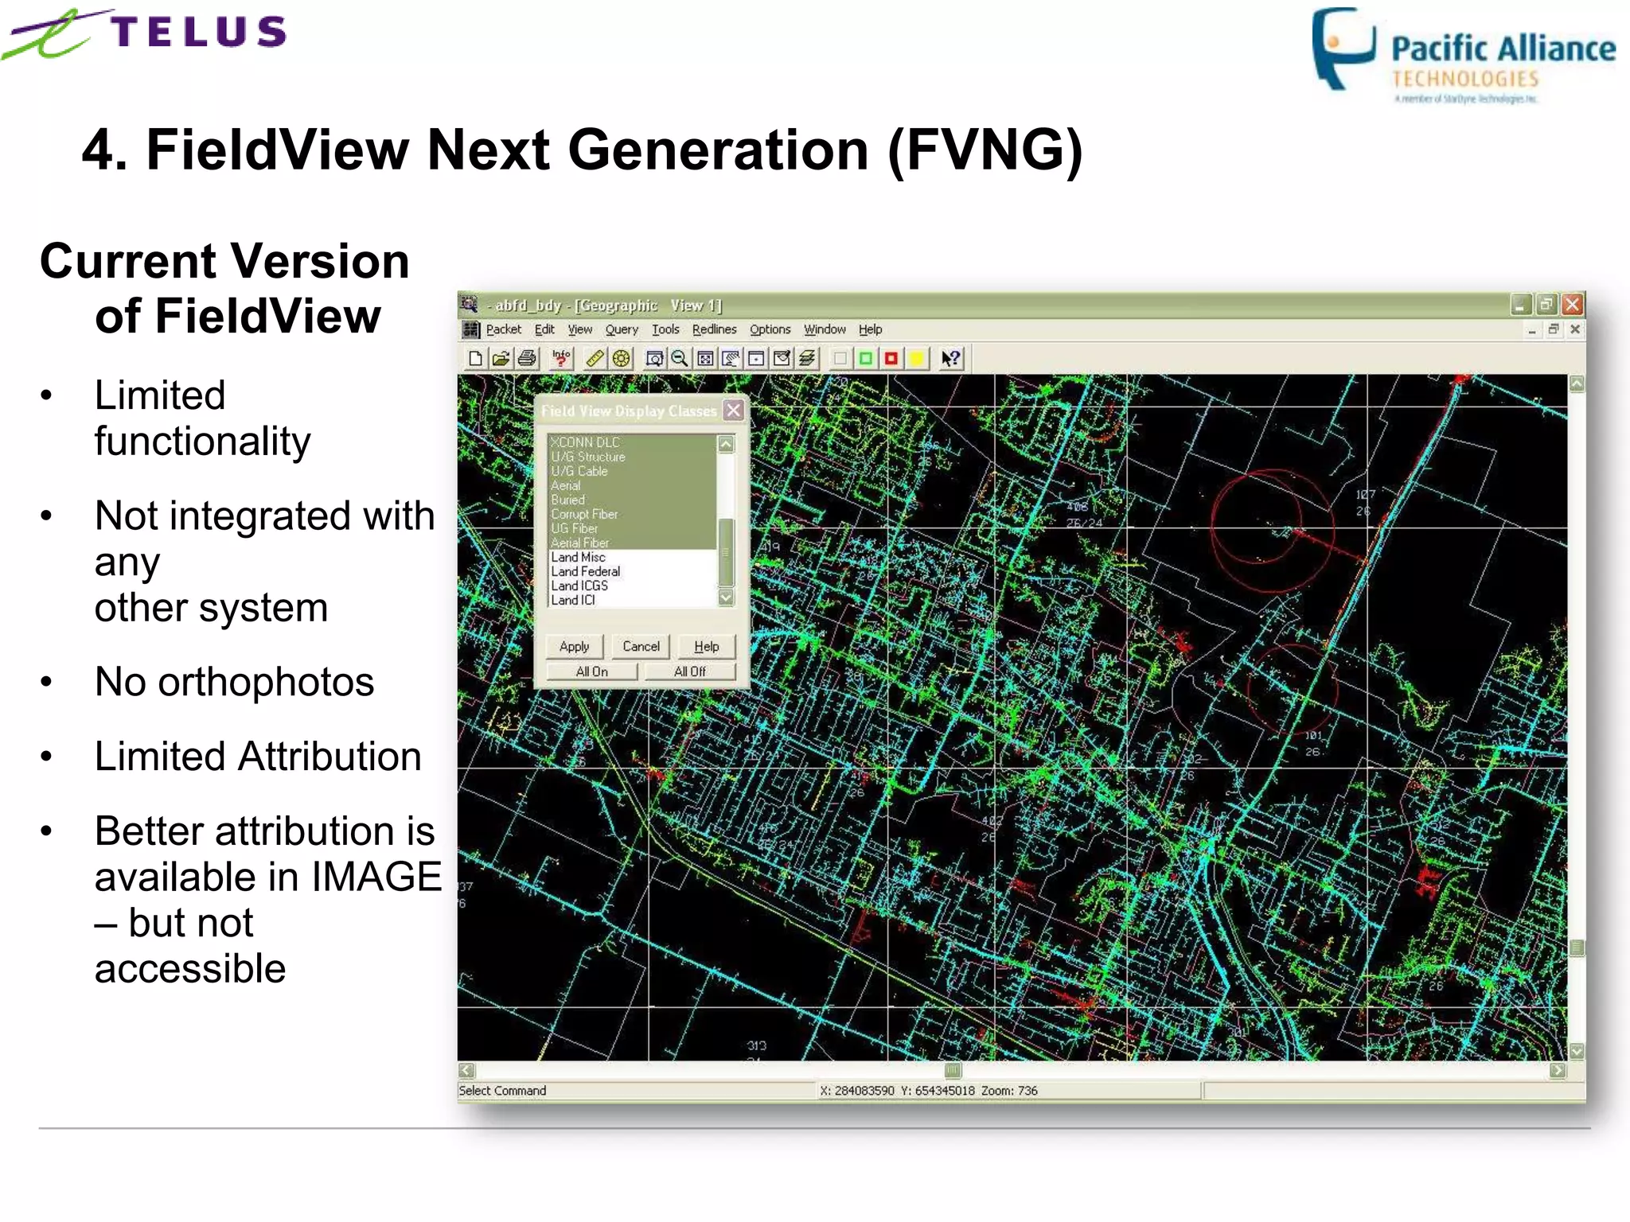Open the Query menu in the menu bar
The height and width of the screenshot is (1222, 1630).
click(621, 329)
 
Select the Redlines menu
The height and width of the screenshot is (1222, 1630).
click(714, 329)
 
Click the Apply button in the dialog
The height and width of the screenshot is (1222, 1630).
click(574, 646)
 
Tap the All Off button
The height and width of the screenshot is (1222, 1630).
click(689, 671)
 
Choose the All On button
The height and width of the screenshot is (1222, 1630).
click(591, 671)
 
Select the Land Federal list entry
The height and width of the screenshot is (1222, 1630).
click(586, 571)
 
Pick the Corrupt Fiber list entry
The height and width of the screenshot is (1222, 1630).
click(584, 514)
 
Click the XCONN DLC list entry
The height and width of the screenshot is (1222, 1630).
click(585, 442)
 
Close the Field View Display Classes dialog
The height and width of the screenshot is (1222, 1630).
click(734, 411)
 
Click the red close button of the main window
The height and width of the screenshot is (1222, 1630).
click(1572, 304)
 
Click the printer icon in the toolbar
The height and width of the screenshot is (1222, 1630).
click(527, 359)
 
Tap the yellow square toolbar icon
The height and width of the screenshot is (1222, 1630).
click(917, 359)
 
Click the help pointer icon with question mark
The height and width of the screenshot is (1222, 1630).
click(950, 359)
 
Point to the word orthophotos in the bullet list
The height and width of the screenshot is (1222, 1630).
click(266, 682)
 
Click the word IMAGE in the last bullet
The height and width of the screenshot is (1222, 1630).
click(376, 877)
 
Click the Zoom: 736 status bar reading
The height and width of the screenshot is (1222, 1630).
click(1009, 1091)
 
